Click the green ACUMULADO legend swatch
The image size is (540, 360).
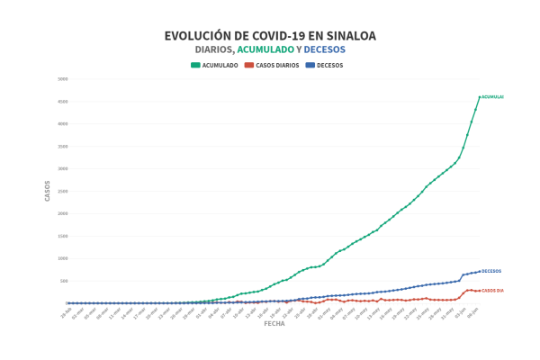(x=195, y=65)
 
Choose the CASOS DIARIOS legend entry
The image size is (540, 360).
(x=274, y=65)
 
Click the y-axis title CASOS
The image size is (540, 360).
(x=48, y=191)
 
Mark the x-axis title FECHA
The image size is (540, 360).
(x=274, y=323)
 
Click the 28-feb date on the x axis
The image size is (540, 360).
(x=65, y=310)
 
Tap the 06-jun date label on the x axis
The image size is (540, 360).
(x=473, y=310)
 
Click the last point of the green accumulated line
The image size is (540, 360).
(x=479, y=96)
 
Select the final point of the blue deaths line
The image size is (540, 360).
(x=479, y=271)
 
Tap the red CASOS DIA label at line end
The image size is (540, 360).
(x=493, y=290)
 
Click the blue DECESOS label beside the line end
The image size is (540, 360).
(x=491, y=271)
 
